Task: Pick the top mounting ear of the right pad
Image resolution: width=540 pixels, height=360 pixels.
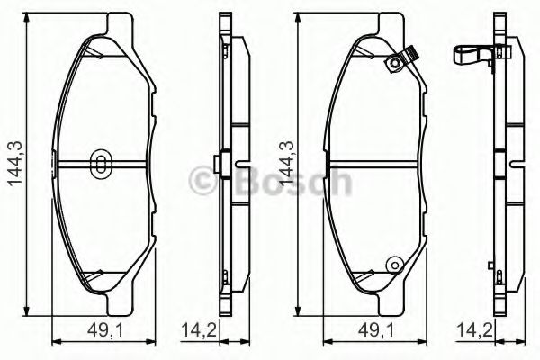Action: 382,23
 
